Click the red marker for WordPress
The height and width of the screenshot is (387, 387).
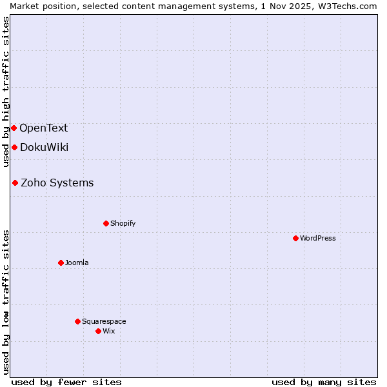point(295,238)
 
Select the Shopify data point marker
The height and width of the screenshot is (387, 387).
point(106,223)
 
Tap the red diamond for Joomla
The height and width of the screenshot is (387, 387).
point(61,263)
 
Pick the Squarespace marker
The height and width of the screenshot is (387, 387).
point(77,321)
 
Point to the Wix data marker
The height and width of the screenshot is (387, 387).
point(98,331)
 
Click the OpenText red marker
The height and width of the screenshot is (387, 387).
point(14,128)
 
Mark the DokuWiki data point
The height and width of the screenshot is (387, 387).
point(14,147)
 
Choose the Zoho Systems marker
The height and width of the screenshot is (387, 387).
point(15,183)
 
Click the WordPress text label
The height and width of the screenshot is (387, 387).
point(318,238)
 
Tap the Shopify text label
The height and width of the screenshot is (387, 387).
point(123,223)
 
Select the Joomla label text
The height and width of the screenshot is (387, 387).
point(77,263)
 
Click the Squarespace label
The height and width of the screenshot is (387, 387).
point(104,321)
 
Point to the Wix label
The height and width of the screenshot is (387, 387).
point(109,331)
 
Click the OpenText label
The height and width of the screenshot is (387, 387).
point(44,128)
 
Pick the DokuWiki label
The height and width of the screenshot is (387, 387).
point(45,147)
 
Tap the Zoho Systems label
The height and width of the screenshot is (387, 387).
point(57,183)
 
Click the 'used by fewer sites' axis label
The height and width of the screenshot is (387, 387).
point(66,382)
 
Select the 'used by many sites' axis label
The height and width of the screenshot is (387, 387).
point(324,382)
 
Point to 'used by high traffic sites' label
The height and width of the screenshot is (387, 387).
point(6,92)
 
